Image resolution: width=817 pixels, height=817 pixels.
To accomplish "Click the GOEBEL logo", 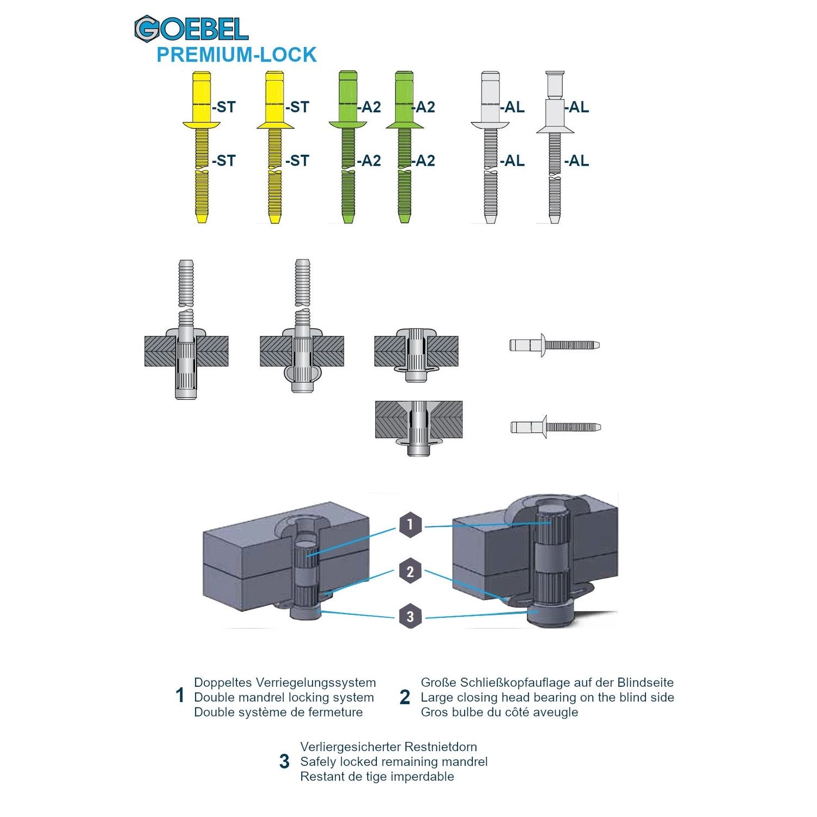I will pos(191,29).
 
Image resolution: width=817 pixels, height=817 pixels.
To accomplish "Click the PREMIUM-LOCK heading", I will pos(236,55).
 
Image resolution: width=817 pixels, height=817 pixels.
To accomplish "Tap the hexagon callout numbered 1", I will pos(410,525).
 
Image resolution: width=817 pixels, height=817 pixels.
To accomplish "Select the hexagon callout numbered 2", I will pos(410,571).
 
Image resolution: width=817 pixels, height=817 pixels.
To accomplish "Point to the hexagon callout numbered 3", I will pos(410,617).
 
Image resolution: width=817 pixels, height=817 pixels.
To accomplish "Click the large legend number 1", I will pos(180,696).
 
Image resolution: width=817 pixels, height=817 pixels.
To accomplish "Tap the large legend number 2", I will pos(405,697).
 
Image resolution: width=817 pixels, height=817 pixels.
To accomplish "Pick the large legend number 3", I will pos(284,761).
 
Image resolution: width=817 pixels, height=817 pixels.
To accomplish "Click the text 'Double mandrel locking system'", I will pos(284,697).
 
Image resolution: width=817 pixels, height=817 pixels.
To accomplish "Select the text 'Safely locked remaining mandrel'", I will pos(394,761).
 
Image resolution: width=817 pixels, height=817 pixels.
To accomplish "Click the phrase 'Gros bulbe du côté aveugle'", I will pos(499,712).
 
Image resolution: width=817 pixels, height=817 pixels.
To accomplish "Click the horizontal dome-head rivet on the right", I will pos(554,345).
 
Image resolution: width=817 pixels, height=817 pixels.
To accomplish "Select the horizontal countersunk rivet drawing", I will pos(556,427).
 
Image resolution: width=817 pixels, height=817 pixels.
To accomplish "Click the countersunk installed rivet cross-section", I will pos(418,428).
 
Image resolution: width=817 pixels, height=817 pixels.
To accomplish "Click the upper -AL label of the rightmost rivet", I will pos(577,107).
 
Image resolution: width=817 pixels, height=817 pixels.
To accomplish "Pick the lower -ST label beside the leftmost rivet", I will pos(224,161).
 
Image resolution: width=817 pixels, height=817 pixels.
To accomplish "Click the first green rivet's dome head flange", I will pos(347,125).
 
